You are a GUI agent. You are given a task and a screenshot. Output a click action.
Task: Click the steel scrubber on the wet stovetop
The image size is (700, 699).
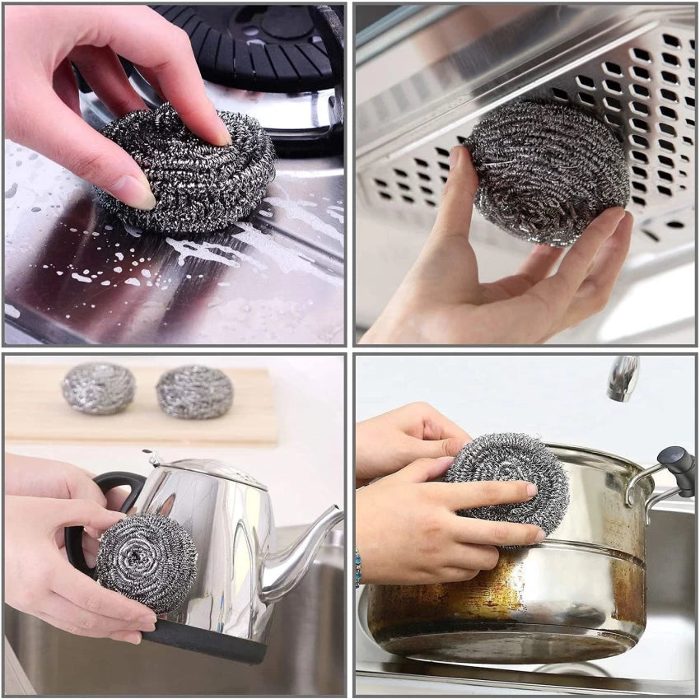189,169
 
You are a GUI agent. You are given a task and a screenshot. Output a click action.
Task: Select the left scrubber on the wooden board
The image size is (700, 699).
98,388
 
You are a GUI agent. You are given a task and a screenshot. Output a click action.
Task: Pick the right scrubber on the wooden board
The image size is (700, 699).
194,392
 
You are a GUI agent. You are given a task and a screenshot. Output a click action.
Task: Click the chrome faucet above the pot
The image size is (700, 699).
623,378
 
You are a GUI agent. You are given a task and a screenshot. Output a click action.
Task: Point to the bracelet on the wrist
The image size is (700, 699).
358,567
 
